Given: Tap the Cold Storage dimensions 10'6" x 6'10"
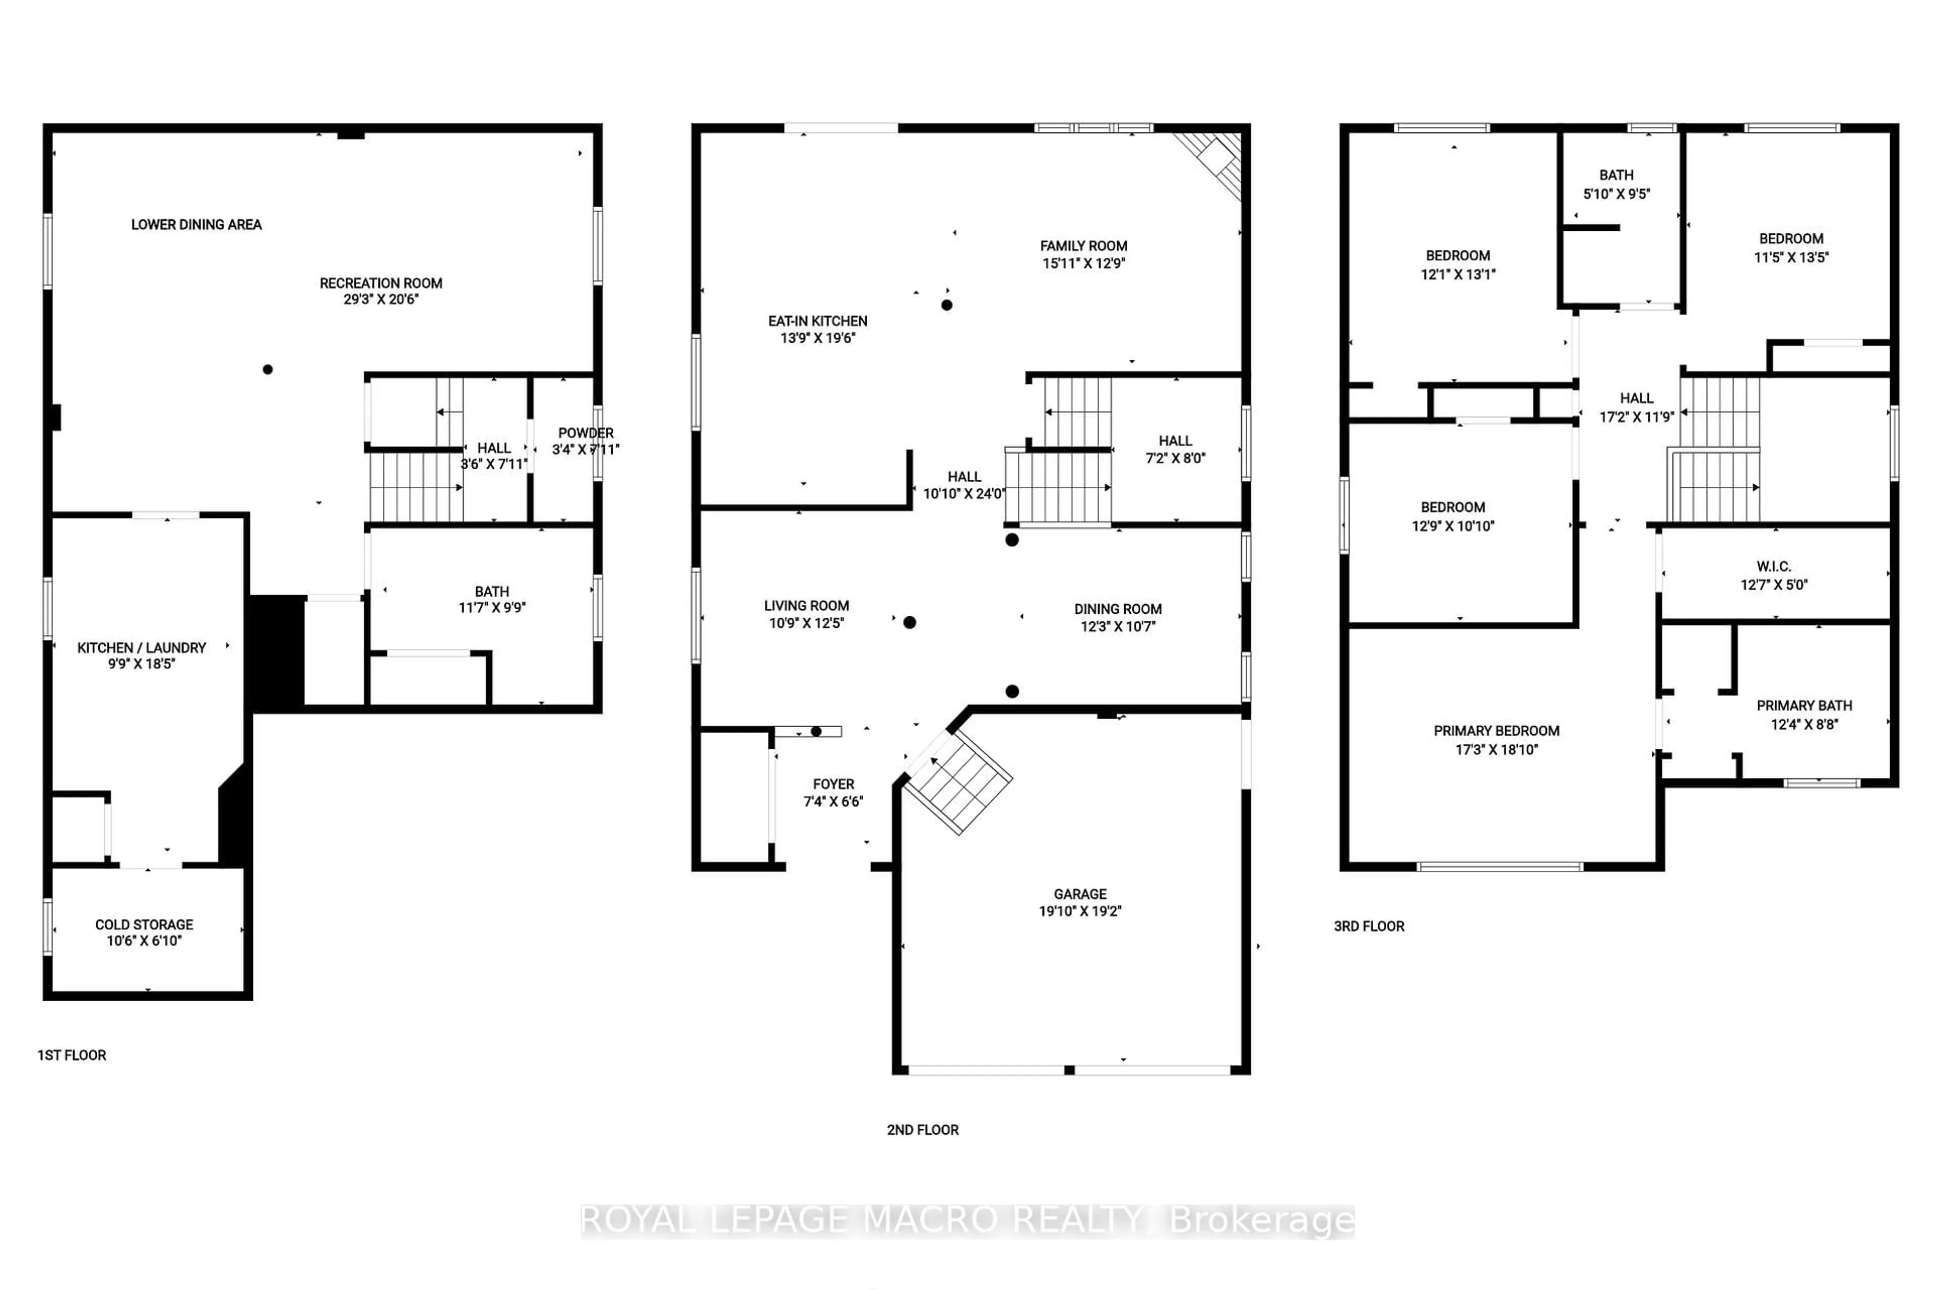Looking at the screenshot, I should click(144, 940).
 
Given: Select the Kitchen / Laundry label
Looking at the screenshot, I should click(142, 648).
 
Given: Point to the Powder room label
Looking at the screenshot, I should click(585, 433).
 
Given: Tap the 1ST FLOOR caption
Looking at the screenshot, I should click(72, 1055).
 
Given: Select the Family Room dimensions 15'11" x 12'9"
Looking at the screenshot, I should click(1083, 263).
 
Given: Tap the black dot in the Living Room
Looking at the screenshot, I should click(909, 623).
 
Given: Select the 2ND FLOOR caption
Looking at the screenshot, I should click(922, 1130).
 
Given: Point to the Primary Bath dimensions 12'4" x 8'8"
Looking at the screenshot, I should click(1803, 724).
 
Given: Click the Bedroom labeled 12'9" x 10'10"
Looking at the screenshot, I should click(1452, 516).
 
